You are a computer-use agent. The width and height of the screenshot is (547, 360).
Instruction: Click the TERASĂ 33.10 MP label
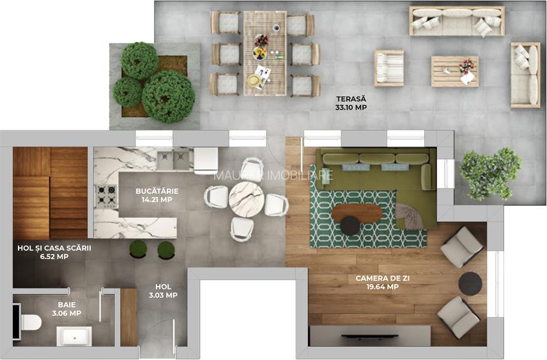coord(351,104)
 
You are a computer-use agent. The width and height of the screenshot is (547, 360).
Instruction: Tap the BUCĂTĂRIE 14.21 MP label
coord(157,195)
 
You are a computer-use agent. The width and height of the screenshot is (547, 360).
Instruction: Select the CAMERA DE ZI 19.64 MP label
coord(377,283)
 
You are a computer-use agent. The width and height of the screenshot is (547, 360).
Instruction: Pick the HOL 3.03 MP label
coord(163,291)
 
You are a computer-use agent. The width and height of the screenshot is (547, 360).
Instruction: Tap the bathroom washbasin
coord(74,335)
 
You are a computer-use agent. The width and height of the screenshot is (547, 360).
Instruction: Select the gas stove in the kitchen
coord(107,196)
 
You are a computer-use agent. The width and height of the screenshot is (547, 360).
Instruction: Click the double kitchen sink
coord(173,160)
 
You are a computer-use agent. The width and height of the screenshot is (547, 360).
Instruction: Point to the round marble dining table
coord(247,199)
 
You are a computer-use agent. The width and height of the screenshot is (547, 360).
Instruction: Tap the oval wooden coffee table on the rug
coord(357,212)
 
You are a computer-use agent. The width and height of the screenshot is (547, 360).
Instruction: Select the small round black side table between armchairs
coord(470,283)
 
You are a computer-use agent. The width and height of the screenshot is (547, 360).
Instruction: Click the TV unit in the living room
coord(370,335)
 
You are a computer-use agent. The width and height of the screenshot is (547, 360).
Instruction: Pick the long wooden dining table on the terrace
coord(265,53)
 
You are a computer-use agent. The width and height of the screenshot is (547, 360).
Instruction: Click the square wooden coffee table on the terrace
coord(454,71)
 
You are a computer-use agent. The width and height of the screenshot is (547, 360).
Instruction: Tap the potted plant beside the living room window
coord(490,173)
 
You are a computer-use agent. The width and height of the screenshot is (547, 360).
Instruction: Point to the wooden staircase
coord(50,192)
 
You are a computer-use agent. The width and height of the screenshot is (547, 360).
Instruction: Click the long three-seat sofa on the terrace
coord(456,21)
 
